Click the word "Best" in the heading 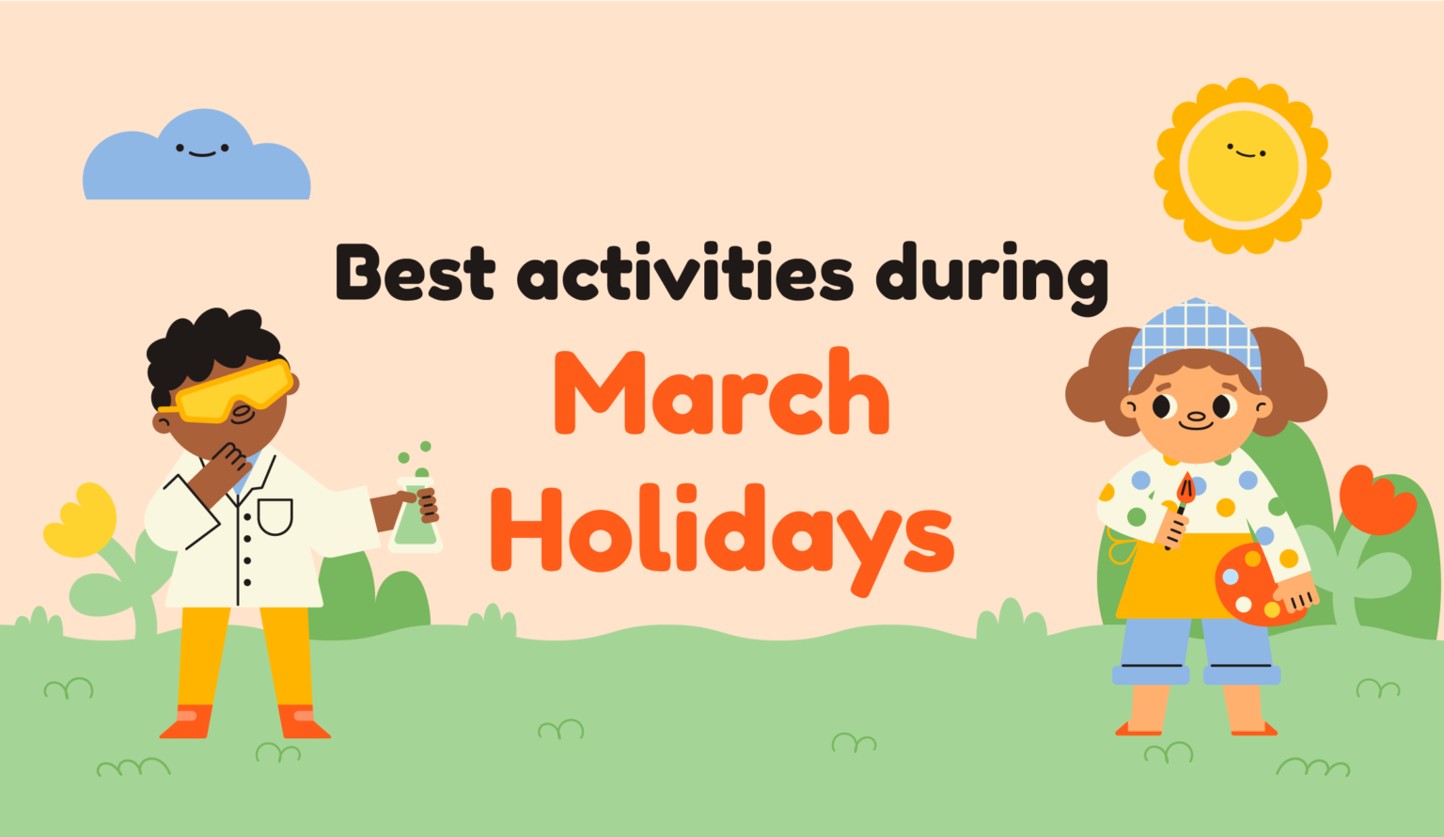415,273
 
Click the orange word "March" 721,393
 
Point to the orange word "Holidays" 721,531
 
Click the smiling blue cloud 196,160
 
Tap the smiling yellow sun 1242,166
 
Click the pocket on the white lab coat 275,515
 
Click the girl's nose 1196,416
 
